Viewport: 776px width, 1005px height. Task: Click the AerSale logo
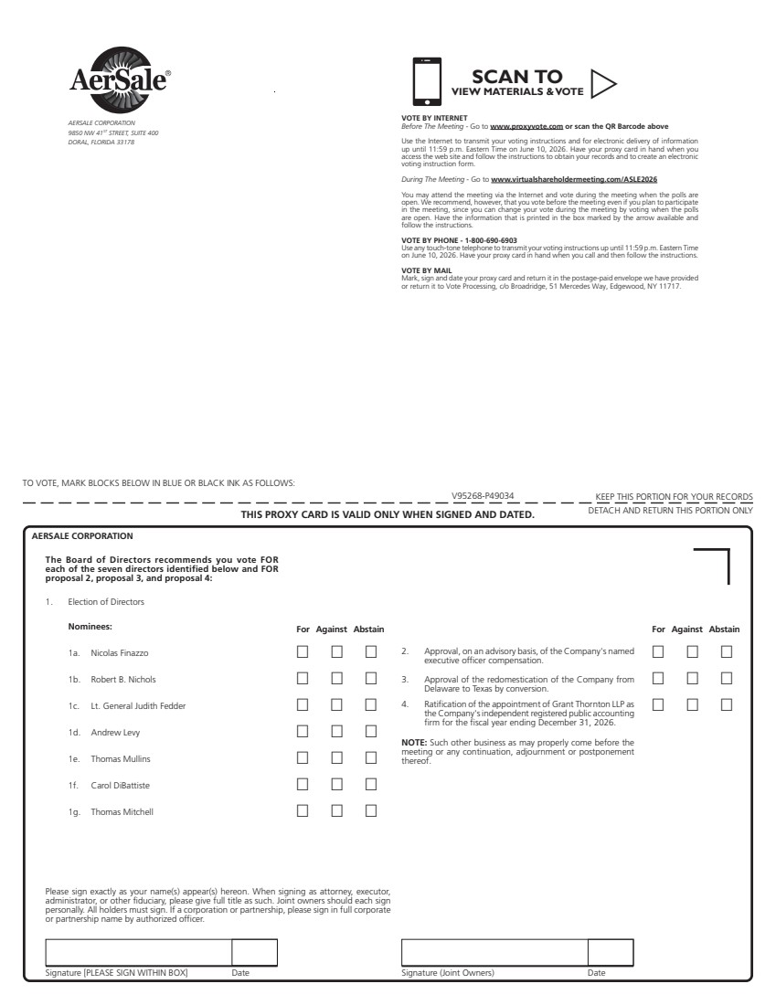tap(118, 79)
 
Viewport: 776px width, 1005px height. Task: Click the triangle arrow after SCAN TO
tap(603, 83)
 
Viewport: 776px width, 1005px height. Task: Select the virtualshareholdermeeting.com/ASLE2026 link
tap(574, 180)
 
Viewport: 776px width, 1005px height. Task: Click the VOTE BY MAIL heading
tap(426, 271)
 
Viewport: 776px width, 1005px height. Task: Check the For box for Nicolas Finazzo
tap(303, 652)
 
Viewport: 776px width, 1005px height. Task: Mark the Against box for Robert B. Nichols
tap(336, 679)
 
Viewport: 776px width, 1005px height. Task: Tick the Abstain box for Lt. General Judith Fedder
tap(371, 705)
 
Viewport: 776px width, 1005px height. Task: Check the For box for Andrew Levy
tap(303, 731)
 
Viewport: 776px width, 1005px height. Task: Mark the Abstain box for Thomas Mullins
tap(371, 757)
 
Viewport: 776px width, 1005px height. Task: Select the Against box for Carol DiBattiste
tap(336, 784)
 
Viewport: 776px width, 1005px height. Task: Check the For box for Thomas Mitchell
tap(303, 810)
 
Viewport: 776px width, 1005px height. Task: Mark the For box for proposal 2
tap(657, 652)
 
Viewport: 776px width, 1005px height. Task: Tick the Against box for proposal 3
tap(692, 679)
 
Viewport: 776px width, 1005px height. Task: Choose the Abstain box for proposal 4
tap(727, 705)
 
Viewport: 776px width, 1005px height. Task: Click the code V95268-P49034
tap(483, 496)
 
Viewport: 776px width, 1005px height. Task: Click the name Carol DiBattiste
tap(120, 785)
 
